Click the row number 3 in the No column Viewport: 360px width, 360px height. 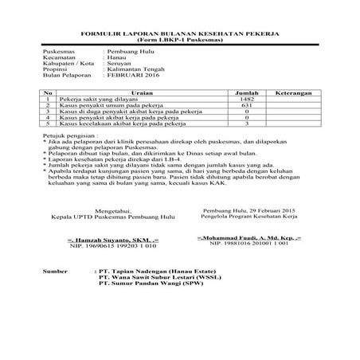pos(49,112)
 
